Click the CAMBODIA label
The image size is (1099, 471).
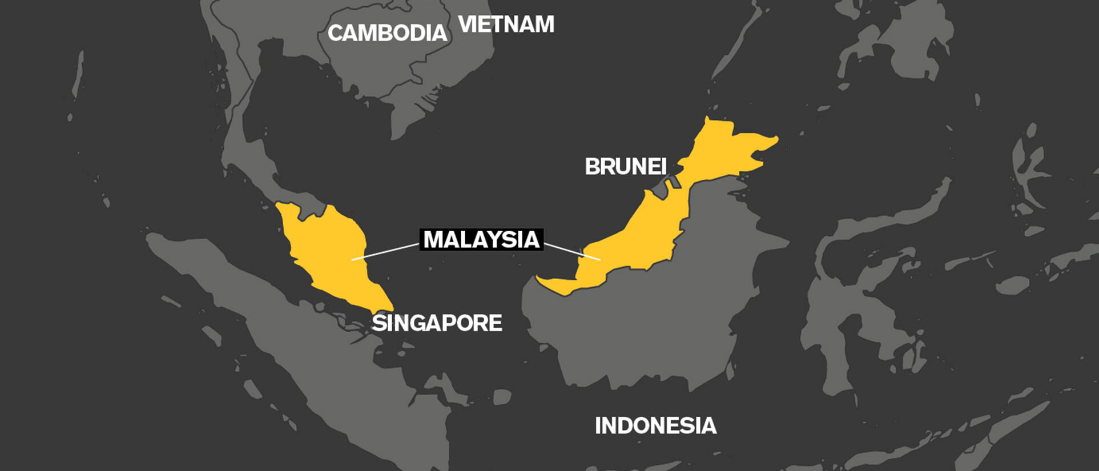coord(387,33)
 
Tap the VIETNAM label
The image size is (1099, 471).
coord(506,25)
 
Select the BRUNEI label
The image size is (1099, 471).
coord(626,167)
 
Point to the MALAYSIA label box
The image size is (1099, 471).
coord(481,240)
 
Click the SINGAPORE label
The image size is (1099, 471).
coord(437,323)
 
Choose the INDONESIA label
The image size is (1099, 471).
coord(655,426)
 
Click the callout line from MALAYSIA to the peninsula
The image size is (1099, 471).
coord(385,252)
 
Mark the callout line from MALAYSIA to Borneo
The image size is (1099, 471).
coord(571,251)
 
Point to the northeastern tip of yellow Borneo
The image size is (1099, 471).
coord(774,140)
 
